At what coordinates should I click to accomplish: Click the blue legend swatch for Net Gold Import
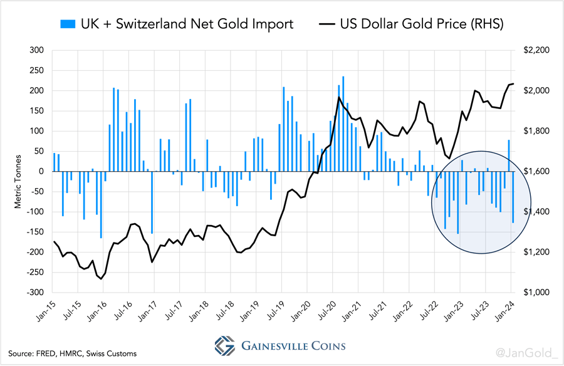(66, 25)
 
